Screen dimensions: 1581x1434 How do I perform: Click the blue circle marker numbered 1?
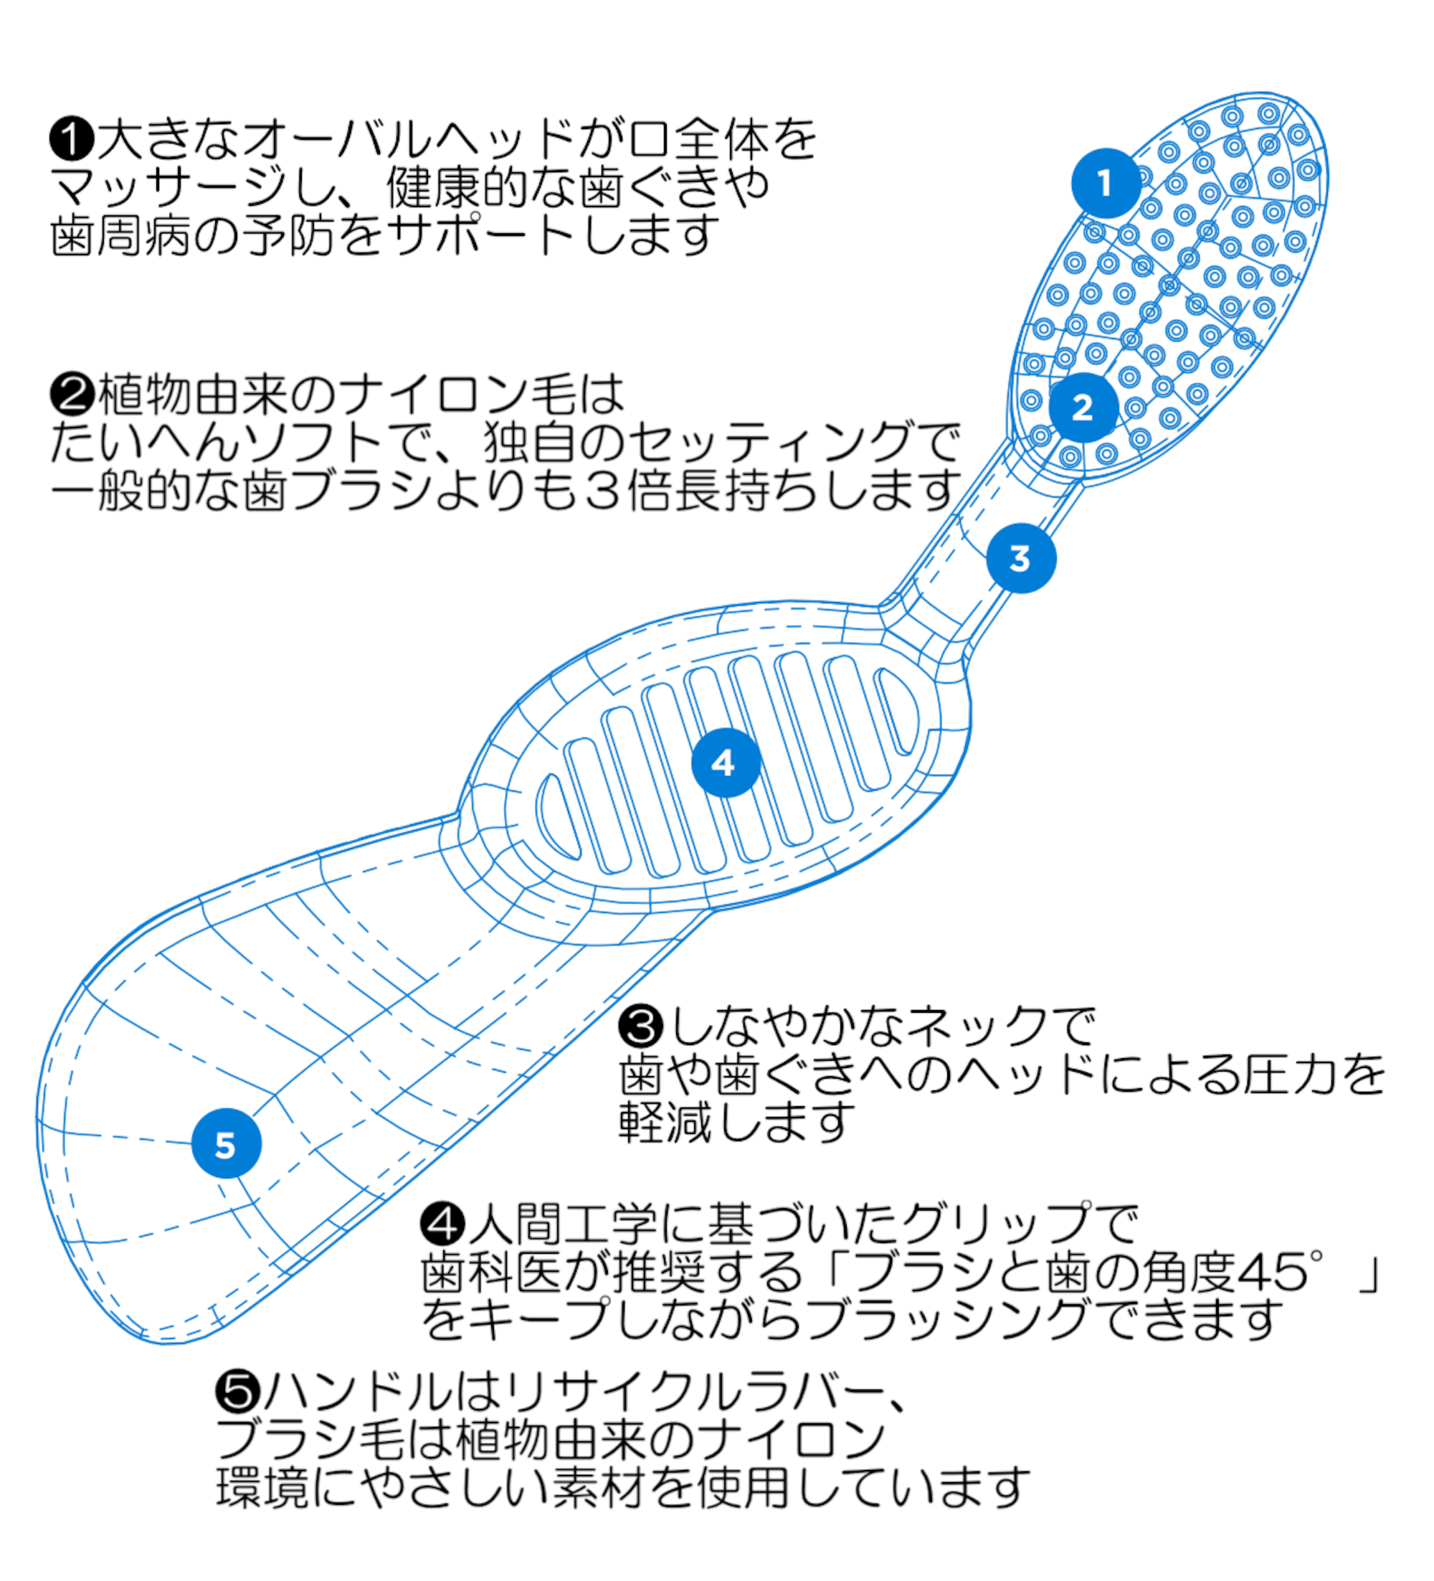coord(1106,184)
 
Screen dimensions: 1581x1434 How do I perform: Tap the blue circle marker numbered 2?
coord(1083,407)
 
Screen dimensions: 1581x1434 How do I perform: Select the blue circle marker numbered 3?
coord(1020,558)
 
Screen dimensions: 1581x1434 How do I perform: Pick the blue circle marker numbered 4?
coord(725,763)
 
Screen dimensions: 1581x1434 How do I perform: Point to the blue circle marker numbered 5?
coord(226,1144)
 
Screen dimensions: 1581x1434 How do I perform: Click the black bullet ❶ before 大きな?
coord(72,139)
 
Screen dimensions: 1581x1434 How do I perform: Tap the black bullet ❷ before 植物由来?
coord(72,394)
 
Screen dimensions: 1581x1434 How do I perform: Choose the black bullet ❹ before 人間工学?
coord(442,1222)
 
